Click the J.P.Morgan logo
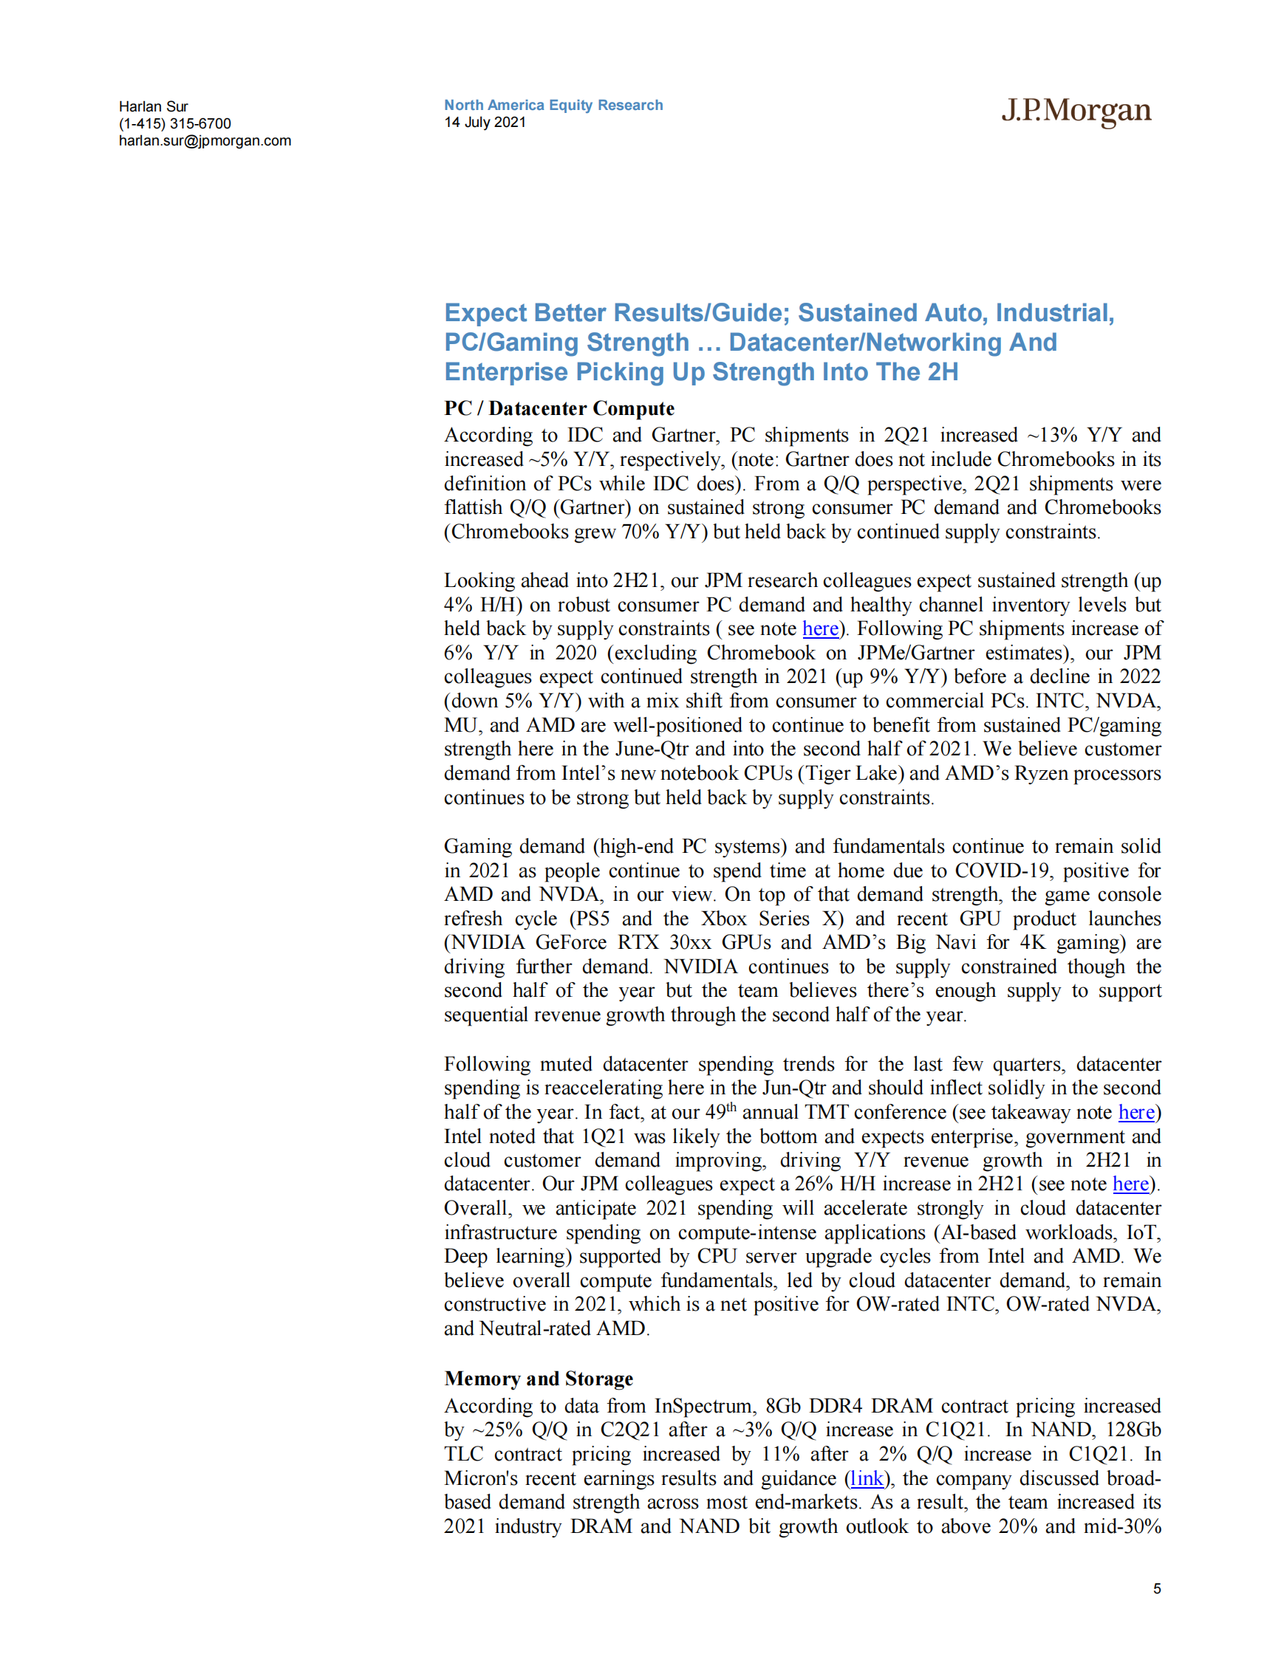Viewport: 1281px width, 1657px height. click(1076, 112)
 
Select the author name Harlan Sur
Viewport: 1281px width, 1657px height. click(154, 106)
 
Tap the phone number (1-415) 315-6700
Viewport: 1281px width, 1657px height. click(174, 123)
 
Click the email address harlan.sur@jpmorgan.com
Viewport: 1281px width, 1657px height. click(205, 140)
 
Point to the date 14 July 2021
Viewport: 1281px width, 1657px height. click(485, 122)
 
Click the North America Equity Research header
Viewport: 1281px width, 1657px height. click(553, 105)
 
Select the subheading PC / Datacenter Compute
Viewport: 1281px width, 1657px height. click(558, 408)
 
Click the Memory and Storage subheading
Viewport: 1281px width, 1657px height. click(538, 1379)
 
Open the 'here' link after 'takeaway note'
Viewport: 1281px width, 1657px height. click(1136, 1112)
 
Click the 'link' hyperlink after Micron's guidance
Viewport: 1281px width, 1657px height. click(867, 1478)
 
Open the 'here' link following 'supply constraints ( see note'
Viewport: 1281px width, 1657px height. click(820, 628)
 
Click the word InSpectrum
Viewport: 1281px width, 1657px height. click(703, 1406)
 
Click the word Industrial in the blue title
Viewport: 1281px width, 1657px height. click(1053, 312)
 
